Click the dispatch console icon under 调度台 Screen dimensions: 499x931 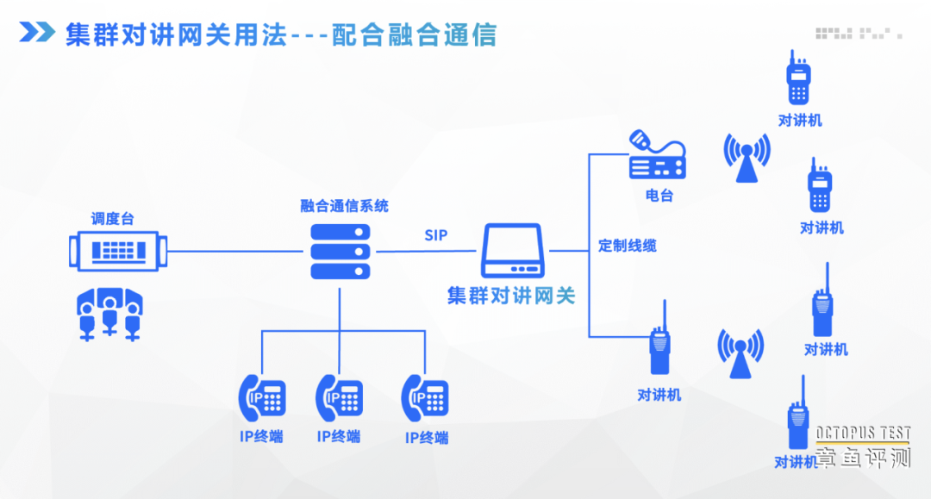(x=119, y=251)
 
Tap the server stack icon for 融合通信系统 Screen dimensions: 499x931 (x=340, y=252)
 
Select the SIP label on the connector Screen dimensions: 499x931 (x=436, y=235)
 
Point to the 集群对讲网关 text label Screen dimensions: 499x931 (x=511, y=296)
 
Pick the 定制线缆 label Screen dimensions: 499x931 (x=628, y=246)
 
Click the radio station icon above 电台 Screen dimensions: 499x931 (x=657, y=155)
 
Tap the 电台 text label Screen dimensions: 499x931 (x=659, y=196)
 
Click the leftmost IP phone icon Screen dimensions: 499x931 (x=261, y=398)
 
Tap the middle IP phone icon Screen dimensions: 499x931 (x=339, y=398)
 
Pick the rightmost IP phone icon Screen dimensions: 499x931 (x=425, y=398)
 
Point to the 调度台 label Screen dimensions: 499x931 (x=113, y=219)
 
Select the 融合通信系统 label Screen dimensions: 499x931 (x=344, y=206)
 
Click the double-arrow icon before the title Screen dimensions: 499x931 (x=37, y=33)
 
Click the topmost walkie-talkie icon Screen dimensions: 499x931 (x=799, y=79)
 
